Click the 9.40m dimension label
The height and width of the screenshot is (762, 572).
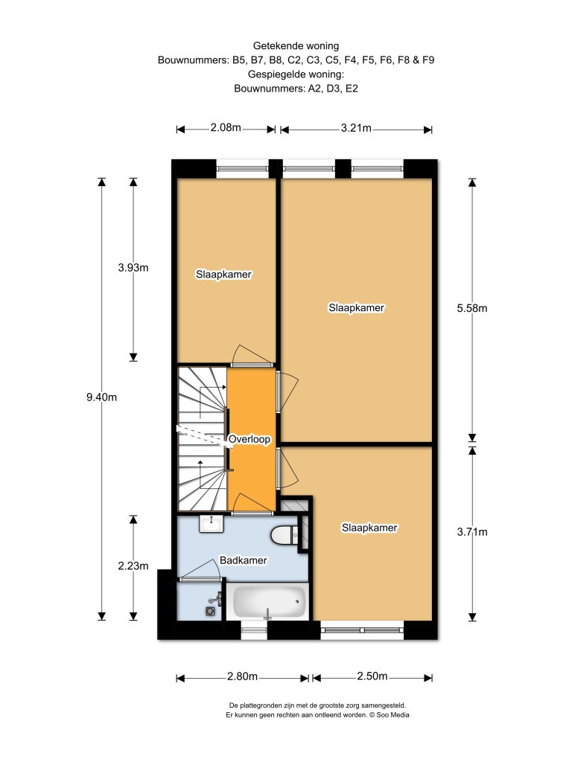[101, 397]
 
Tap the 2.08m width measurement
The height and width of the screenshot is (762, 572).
[226, 128]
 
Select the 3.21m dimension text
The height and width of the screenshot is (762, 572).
[356, 128]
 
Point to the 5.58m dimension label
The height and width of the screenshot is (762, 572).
[471, 308]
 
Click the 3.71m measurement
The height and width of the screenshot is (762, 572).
[471, 531]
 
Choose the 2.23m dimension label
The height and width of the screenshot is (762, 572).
[133, 566]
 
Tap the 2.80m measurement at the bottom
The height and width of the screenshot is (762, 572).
[242, 676]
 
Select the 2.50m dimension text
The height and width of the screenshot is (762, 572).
[372, 676]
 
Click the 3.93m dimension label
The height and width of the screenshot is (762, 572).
[133, 267]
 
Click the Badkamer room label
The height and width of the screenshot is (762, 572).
[244, 560]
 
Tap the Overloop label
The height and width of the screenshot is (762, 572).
[249, 439]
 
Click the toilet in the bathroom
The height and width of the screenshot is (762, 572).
[285, 535]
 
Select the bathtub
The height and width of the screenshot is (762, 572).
[267, 601]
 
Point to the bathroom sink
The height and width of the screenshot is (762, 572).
[211, 524]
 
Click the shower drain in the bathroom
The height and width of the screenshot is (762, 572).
[210, 612]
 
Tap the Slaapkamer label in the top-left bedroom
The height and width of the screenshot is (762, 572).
[223, 275]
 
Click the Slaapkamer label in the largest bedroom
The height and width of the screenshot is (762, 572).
[357, 307]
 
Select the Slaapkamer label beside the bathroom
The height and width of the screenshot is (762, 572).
[369, 528]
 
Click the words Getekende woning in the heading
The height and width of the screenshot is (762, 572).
[296, 46]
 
